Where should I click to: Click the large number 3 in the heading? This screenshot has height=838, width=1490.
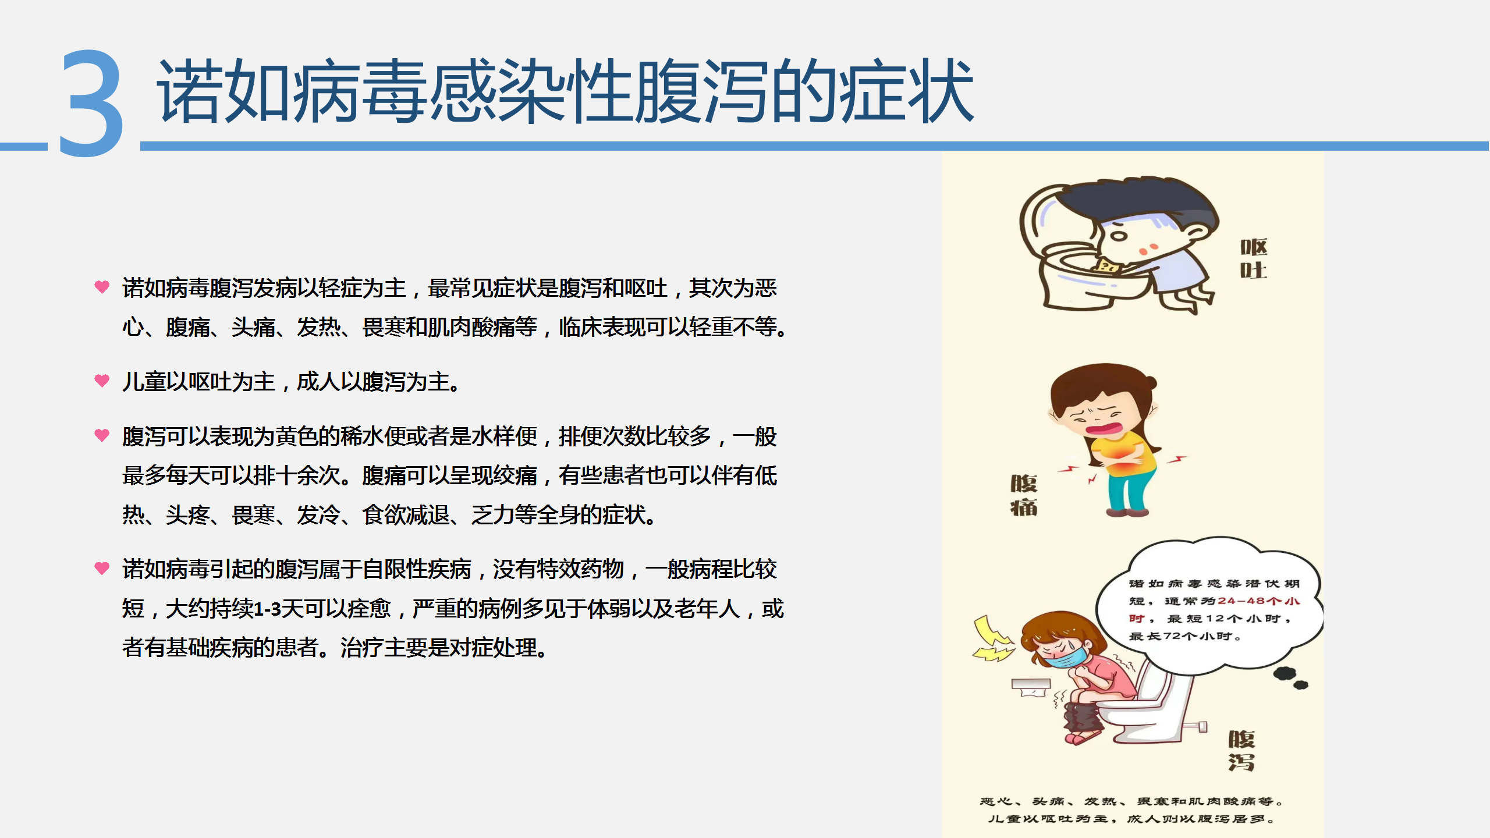(92, 103)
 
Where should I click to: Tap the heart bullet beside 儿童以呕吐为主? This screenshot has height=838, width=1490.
(102, 381)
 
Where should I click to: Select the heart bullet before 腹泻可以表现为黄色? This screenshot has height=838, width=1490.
(102, 435)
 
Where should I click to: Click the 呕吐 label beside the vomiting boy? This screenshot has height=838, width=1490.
(1254, 259)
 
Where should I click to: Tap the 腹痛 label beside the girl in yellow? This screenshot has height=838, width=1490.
(1024, 495)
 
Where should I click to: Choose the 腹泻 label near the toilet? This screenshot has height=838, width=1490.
(1241, 751)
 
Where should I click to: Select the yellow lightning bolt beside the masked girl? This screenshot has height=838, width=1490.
(993, 639)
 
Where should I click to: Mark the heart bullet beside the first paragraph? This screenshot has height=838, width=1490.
(102, 286)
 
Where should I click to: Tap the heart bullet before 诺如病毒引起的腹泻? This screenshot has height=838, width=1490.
(102, 567)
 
